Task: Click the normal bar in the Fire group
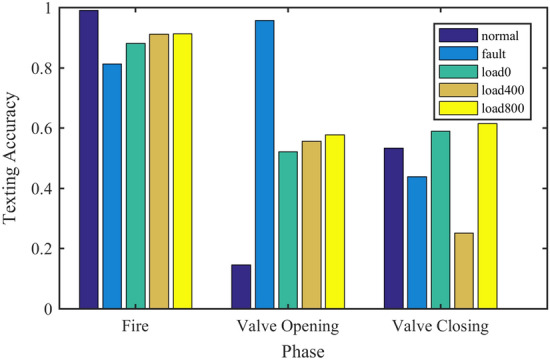click(89, 160)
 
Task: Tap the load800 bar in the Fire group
click(182, 171)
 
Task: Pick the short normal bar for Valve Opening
click(240, 287)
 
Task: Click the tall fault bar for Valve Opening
click(264, 165)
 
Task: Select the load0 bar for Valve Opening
click(288, 230)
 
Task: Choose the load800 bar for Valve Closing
click(487, 216)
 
